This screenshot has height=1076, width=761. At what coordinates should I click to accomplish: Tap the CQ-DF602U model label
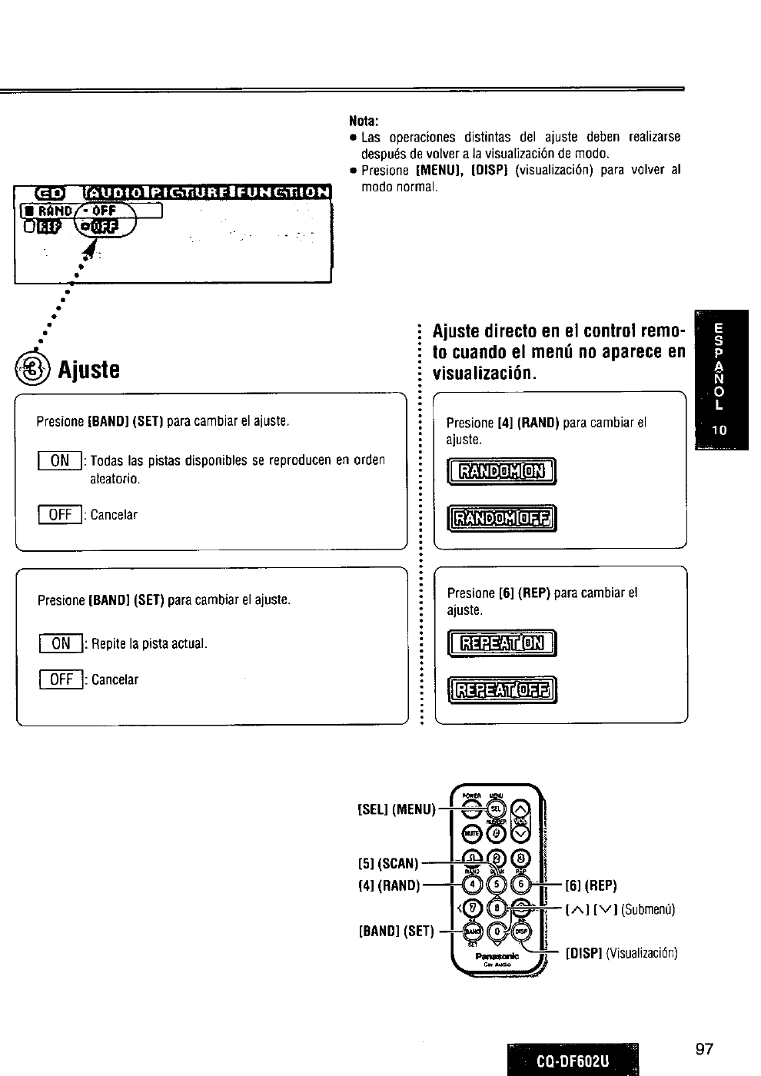[573, 1061]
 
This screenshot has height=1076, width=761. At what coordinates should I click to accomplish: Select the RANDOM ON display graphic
[501, 471]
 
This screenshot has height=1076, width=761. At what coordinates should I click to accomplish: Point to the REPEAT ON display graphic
[501, 643]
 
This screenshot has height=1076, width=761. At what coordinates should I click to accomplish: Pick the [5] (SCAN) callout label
[388, 863]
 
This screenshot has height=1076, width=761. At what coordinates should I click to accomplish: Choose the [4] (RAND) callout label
[389, 885]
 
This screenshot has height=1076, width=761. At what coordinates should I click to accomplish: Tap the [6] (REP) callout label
[591, 885]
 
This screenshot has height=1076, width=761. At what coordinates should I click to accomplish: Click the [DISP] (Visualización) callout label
[621, 954]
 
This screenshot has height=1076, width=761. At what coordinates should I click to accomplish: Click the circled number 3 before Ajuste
[38, 370]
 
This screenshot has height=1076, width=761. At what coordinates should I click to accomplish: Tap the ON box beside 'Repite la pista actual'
[61, 643]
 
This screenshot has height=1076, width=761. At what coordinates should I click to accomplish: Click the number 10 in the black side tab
[719, 430]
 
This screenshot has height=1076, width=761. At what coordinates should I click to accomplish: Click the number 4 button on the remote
[474, 884]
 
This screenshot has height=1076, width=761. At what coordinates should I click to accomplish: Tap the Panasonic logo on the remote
[497, 956]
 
